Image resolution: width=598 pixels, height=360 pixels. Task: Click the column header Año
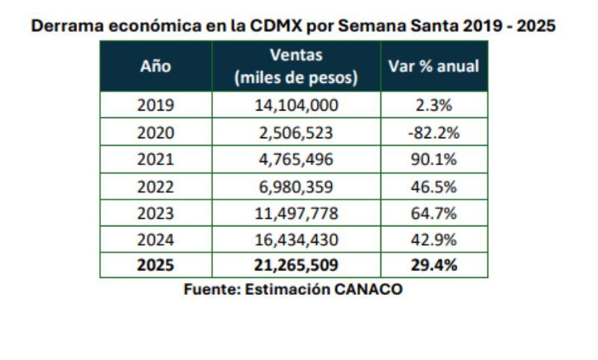[x=155, y=66]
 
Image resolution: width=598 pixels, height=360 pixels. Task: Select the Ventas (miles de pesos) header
[x=296, y=66]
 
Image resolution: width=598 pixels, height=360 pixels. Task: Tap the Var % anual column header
[x=434, y=66]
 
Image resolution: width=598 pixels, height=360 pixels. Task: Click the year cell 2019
[x=155, y=105]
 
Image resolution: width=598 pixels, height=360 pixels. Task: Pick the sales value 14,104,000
[x=296, y=105]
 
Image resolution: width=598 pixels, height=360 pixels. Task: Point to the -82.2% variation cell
[x=434, y=133]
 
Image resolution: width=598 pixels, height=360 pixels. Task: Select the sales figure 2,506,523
[x=296, y=133]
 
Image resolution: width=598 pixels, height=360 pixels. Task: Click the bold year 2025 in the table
[x=155, y=266]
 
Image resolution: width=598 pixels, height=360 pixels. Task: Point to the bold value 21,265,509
[x=296, y=266]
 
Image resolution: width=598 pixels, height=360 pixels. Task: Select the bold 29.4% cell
[x=434, y=266]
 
